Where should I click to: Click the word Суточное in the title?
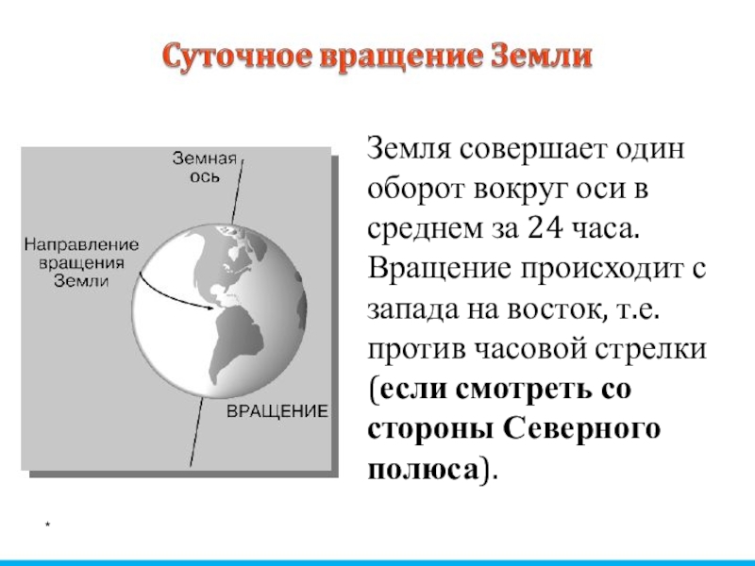pos(237,57)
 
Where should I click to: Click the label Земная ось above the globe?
pos(205,167)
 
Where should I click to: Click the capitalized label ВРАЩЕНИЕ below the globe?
pos(277,411)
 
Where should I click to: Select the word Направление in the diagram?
pos(81,245)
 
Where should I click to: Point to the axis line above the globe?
pos(238,191)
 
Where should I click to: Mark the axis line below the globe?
pos(196,432)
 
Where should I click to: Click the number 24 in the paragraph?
pos(545,227)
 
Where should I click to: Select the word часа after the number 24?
pos(606,229)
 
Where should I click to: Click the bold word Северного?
pos(581,428)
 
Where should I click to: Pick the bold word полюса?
pos(424,470)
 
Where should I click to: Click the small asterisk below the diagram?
pos(48,524)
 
